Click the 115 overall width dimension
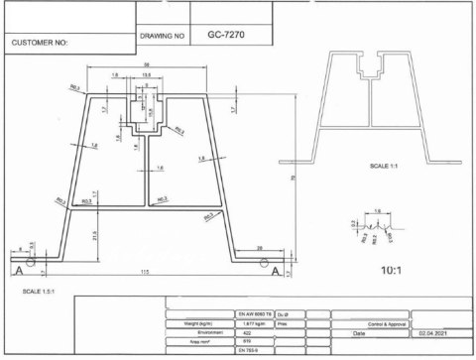coord(146,272)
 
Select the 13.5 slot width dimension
coord(146,75)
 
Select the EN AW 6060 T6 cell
coord(255,314)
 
